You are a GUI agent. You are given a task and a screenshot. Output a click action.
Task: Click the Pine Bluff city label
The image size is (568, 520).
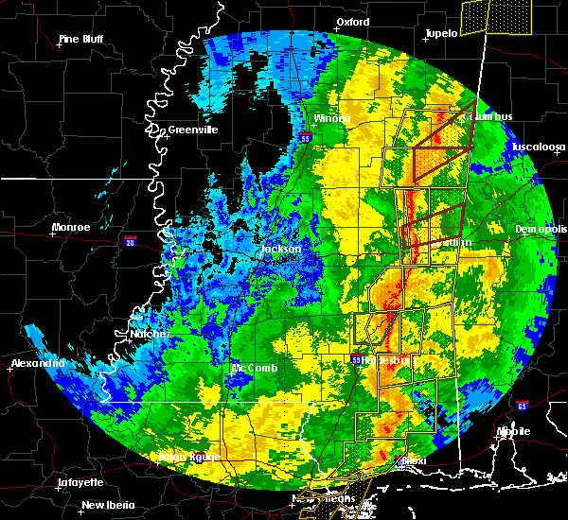[x=80, y=39]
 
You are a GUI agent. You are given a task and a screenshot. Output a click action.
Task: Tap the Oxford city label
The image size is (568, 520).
[x=352, y=21]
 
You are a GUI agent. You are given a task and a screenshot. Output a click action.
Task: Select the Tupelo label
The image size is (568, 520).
[x=441, y=33]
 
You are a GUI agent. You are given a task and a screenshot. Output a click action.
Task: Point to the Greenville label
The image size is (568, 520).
[x=192, y=130]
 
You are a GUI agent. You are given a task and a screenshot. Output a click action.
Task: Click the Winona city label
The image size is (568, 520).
[x=332, y=119]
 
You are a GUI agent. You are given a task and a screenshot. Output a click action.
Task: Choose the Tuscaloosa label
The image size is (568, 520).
[x=538, y=147]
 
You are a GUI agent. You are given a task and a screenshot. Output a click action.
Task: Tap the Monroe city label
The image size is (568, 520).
[x=71, y=228]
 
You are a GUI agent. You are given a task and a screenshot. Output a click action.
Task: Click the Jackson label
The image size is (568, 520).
[x=281, y=250]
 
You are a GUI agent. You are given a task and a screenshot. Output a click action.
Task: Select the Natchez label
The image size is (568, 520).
[x=151, y=334]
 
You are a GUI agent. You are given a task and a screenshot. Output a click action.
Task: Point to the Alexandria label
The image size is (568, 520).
[x=38, y=364]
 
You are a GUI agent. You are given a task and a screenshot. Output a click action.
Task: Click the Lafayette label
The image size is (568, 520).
[x=80, y=482]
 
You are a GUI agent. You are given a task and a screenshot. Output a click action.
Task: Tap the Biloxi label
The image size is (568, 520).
[x=414, y=461]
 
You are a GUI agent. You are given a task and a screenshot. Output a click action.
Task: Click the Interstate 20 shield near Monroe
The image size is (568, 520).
[x=130, y=242]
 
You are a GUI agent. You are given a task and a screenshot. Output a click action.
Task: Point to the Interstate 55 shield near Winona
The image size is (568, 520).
[x=305, y=139]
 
